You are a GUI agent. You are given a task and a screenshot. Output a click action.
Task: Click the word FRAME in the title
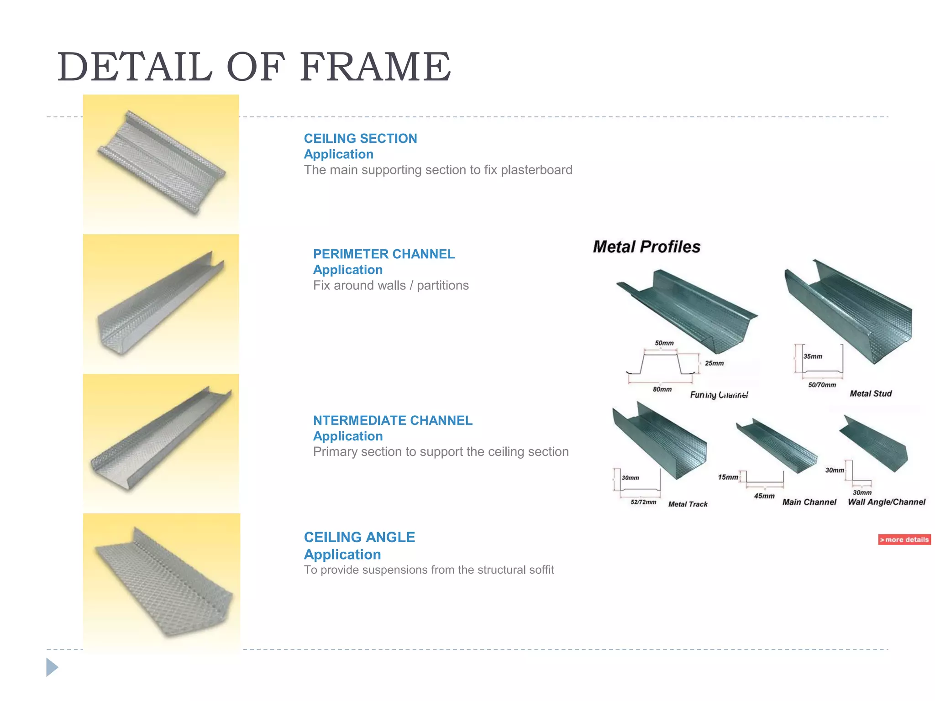pos(375,68)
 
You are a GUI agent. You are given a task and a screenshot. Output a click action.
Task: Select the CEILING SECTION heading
pos(360,138)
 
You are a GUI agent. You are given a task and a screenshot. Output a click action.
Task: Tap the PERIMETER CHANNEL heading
pos(383,254)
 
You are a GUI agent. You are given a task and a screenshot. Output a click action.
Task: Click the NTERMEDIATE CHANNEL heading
pos(392,420)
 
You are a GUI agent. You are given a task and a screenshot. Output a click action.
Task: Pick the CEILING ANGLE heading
pos(359,537)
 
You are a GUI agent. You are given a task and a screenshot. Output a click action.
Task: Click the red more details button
pos(904,539)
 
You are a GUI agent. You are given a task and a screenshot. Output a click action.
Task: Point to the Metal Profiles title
pos(646,247)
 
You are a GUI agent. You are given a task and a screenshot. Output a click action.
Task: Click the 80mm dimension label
pos(662,389)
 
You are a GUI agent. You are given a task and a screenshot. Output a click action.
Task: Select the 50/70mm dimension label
pos(822,385)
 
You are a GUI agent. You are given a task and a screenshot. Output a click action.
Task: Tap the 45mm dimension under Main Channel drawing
pos(764,496)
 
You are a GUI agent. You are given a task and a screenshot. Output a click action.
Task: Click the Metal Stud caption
pos(870,393)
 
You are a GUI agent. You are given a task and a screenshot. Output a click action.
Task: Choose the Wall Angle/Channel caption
pos(886,502)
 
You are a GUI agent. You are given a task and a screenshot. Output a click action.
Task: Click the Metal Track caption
pos(688,504)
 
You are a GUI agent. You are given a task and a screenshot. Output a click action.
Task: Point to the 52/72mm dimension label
pos(643,502)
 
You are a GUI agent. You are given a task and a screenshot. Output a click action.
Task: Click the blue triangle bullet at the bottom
pos(52,667)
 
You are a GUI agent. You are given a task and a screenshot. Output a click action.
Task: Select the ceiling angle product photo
pos(161,582)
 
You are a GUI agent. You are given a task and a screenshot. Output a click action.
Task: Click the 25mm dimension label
pos(714,363)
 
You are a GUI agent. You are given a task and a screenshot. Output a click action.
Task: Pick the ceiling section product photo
pos(161,163)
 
